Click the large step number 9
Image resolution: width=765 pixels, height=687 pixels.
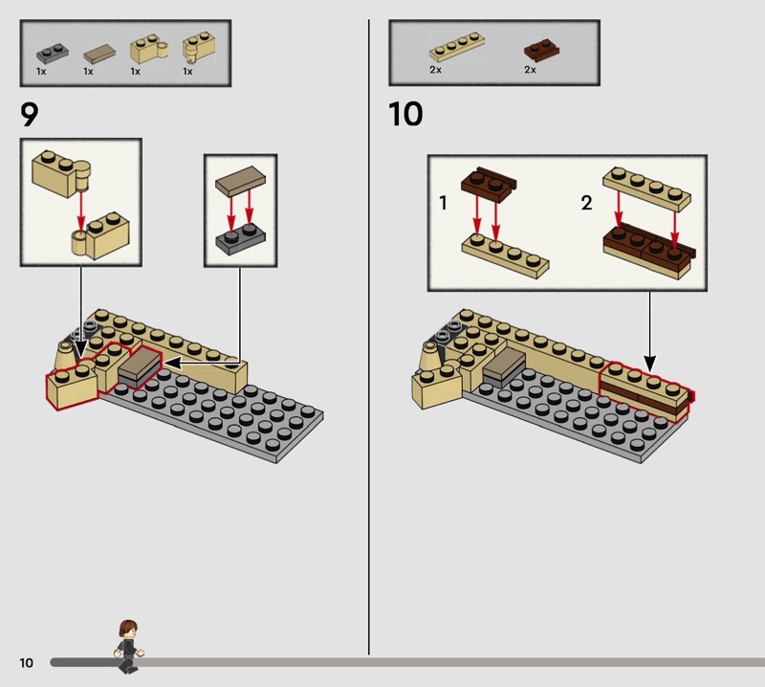(x=29, y=115)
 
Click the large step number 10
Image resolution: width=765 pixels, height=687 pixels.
(x=405, y=114)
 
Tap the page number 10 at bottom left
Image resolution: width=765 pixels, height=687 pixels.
(x=27, y=662)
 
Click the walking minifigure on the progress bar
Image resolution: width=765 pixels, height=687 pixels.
(x=129, y=647)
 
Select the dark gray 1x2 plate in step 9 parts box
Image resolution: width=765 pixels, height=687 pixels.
(x=53, y=54)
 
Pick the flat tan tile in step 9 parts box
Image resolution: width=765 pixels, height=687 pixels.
(x=99, y=55)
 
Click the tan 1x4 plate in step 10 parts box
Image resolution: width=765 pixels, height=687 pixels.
(x=457, y=46)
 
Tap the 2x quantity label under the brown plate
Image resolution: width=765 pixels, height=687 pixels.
(x=531, y=70)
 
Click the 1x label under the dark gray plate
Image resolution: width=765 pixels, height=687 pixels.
(x=41, y=72)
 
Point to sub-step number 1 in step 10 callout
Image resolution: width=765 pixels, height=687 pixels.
(x=443, y=203)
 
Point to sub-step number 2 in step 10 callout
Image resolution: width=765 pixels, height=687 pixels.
(x=586, y=203)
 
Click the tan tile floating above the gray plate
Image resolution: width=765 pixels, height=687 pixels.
(x=241, y=182)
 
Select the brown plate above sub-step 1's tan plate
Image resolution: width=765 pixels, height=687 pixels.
(x=489, y=184)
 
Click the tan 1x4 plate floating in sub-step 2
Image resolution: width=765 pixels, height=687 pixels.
(x=647, y=188)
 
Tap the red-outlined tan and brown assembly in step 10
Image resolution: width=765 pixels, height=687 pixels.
(x=645, y=390)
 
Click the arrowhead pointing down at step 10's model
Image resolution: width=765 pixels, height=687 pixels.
(x=650, y=364)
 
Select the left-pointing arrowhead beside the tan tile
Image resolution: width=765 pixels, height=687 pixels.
(x=173, y=363)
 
